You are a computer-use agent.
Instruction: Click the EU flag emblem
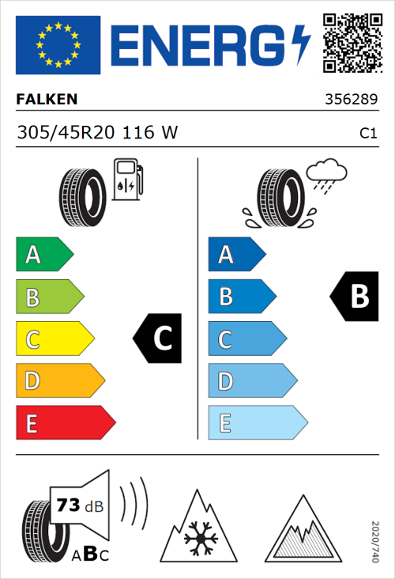[58, 44]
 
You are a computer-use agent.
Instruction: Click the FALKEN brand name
[47, 100]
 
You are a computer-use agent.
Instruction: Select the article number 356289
[351, 100]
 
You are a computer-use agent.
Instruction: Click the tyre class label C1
[367, 134]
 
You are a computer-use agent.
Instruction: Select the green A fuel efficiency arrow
[44, 255]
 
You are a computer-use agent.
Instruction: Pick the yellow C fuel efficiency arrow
[55, 339]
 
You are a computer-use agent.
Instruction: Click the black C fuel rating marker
[159, 339]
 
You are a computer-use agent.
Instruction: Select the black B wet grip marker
[353, 297]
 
